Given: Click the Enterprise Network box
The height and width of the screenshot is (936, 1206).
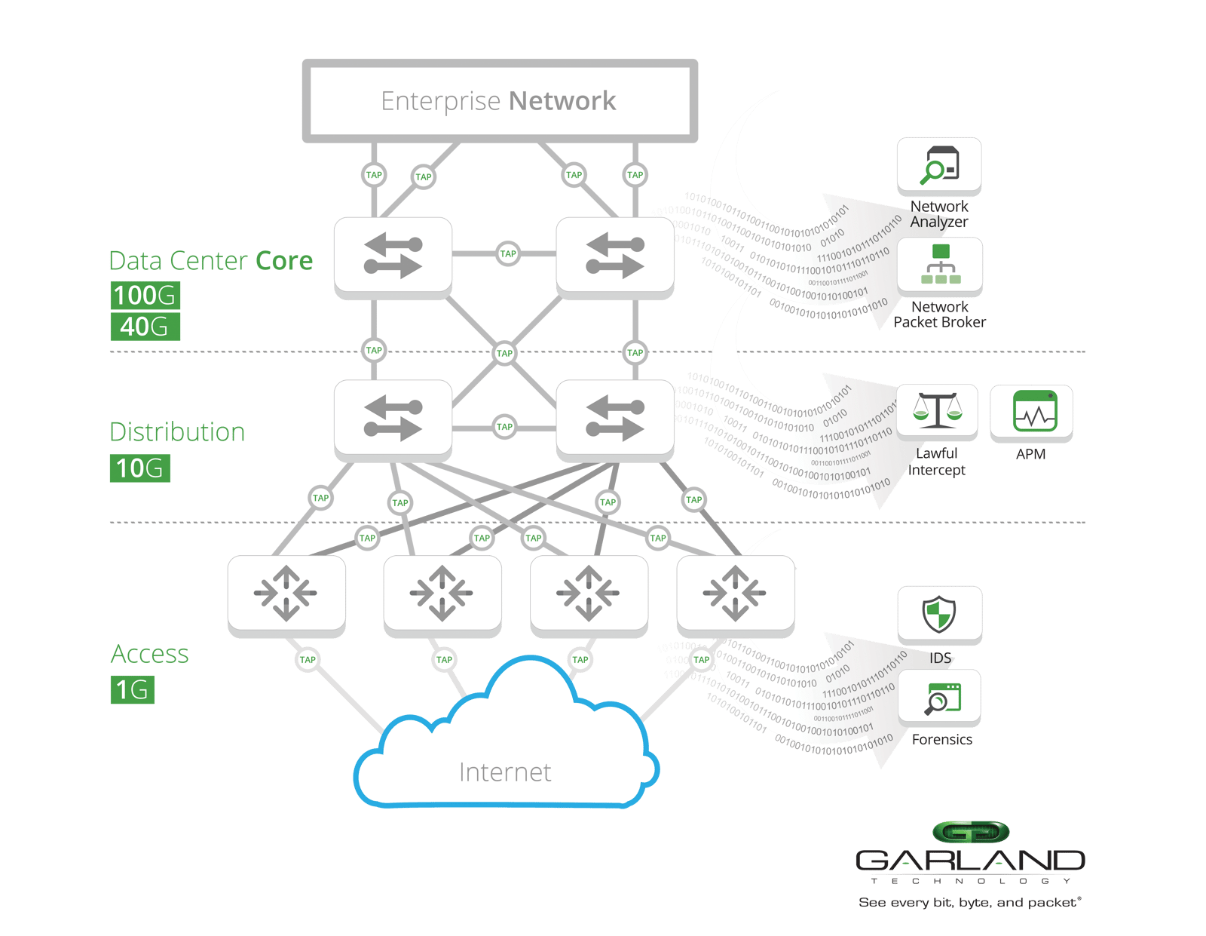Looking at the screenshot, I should point(499,101).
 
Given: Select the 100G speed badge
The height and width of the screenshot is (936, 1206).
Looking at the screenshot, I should point(145,295).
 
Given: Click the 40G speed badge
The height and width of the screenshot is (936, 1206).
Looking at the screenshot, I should point(145,327).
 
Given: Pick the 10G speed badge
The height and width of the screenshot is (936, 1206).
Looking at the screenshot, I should point(139,468).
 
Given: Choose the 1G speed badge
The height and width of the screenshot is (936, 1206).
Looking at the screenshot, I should point(132,689).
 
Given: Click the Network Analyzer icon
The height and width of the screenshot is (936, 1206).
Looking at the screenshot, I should point(939,165).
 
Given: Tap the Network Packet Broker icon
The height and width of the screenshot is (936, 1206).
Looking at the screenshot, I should point(940,265).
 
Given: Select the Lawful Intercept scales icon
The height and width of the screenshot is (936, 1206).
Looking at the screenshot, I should point(937,411).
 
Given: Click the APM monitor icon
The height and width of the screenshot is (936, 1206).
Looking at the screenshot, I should point(1031,412).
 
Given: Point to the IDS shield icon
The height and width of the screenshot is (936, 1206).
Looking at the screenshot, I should point(939,614).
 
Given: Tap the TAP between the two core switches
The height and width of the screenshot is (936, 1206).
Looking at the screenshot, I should point(508,253).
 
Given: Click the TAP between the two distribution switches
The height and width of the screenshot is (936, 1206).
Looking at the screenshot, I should point(504,426).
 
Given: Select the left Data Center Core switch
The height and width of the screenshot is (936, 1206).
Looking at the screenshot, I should point(393,256).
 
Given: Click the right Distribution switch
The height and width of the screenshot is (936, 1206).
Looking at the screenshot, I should point(614,419).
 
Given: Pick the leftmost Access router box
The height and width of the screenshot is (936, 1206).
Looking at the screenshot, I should point(286,594).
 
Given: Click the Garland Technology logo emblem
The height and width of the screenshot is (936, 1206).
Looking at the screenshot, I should point(970,833).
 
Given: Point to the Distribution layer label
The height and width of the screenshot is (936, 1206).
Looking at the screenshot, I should point(178,432).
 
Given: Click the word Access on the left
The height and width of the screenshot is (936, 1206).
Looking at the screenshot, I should point(150,654).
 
